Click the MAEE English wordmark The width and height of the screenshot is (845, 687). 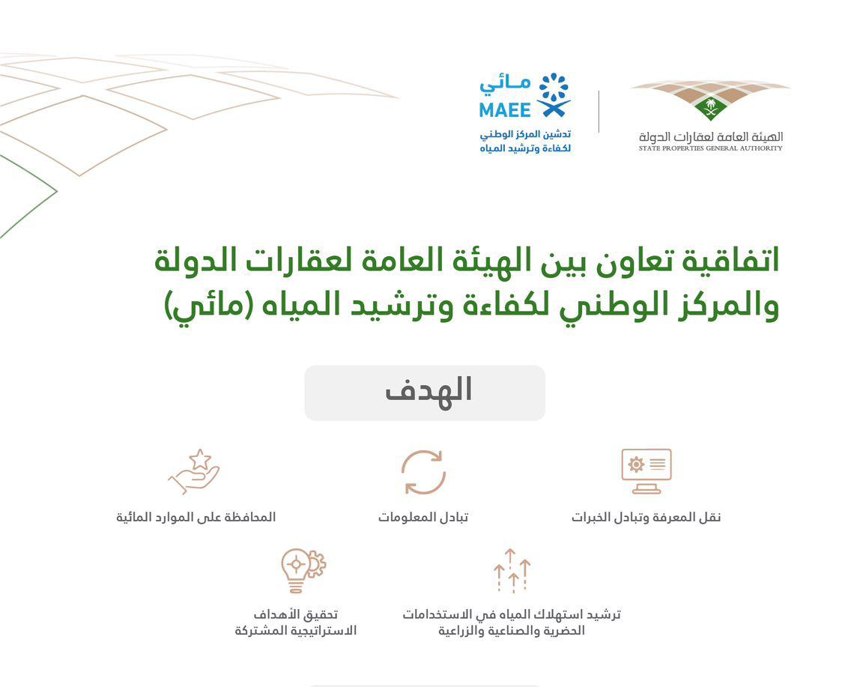[504, 110]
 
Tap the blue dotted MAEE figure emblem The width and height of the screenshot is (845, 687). [554, 95]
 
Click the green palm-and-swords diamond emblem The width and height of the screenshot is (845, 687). [711, 108]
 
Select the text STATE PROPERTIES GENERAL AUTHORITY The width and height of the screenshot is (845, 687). [710, 148]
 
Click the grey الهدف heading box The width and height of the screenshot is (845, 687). [425, 393]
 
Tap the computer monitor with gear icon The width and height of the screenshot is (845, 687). [646, 471]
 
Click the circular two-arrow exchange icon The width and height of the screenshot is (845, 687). [423, 472]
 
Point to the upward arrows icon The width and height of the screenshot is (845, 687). [512, 571]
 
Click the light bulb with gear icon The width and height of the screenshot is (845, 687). [303, 571]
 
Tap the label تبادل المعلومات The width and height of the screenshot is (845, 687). [423, 517]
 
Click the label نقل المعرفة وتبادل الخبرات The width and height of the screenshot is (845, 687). [646, 517]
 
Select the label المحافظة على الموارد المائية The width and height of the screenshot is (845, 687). [196, 517]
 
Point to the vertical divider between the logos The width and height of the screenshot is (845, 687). [599, 112]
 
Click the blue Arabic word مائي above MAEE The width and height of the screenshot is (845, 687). [505, 85]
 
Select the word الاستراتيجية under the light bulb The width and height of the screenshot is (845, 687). [323, 630]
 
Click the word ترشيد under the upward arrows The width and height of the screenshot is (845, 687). [603, 614]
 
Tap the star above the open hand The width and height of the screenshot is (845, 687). [200, 459]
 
